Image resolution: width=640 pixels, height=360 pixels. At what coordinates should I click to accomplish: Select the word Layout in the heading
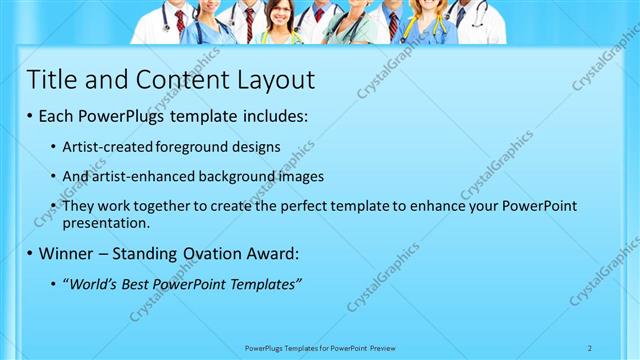point(270,80)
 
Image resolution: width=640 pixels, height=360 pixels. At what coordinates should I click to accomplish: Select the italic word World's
point(95,284)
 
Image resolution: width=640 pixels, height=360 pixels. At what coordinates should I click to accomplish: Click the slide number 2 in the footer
point(590,348)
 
